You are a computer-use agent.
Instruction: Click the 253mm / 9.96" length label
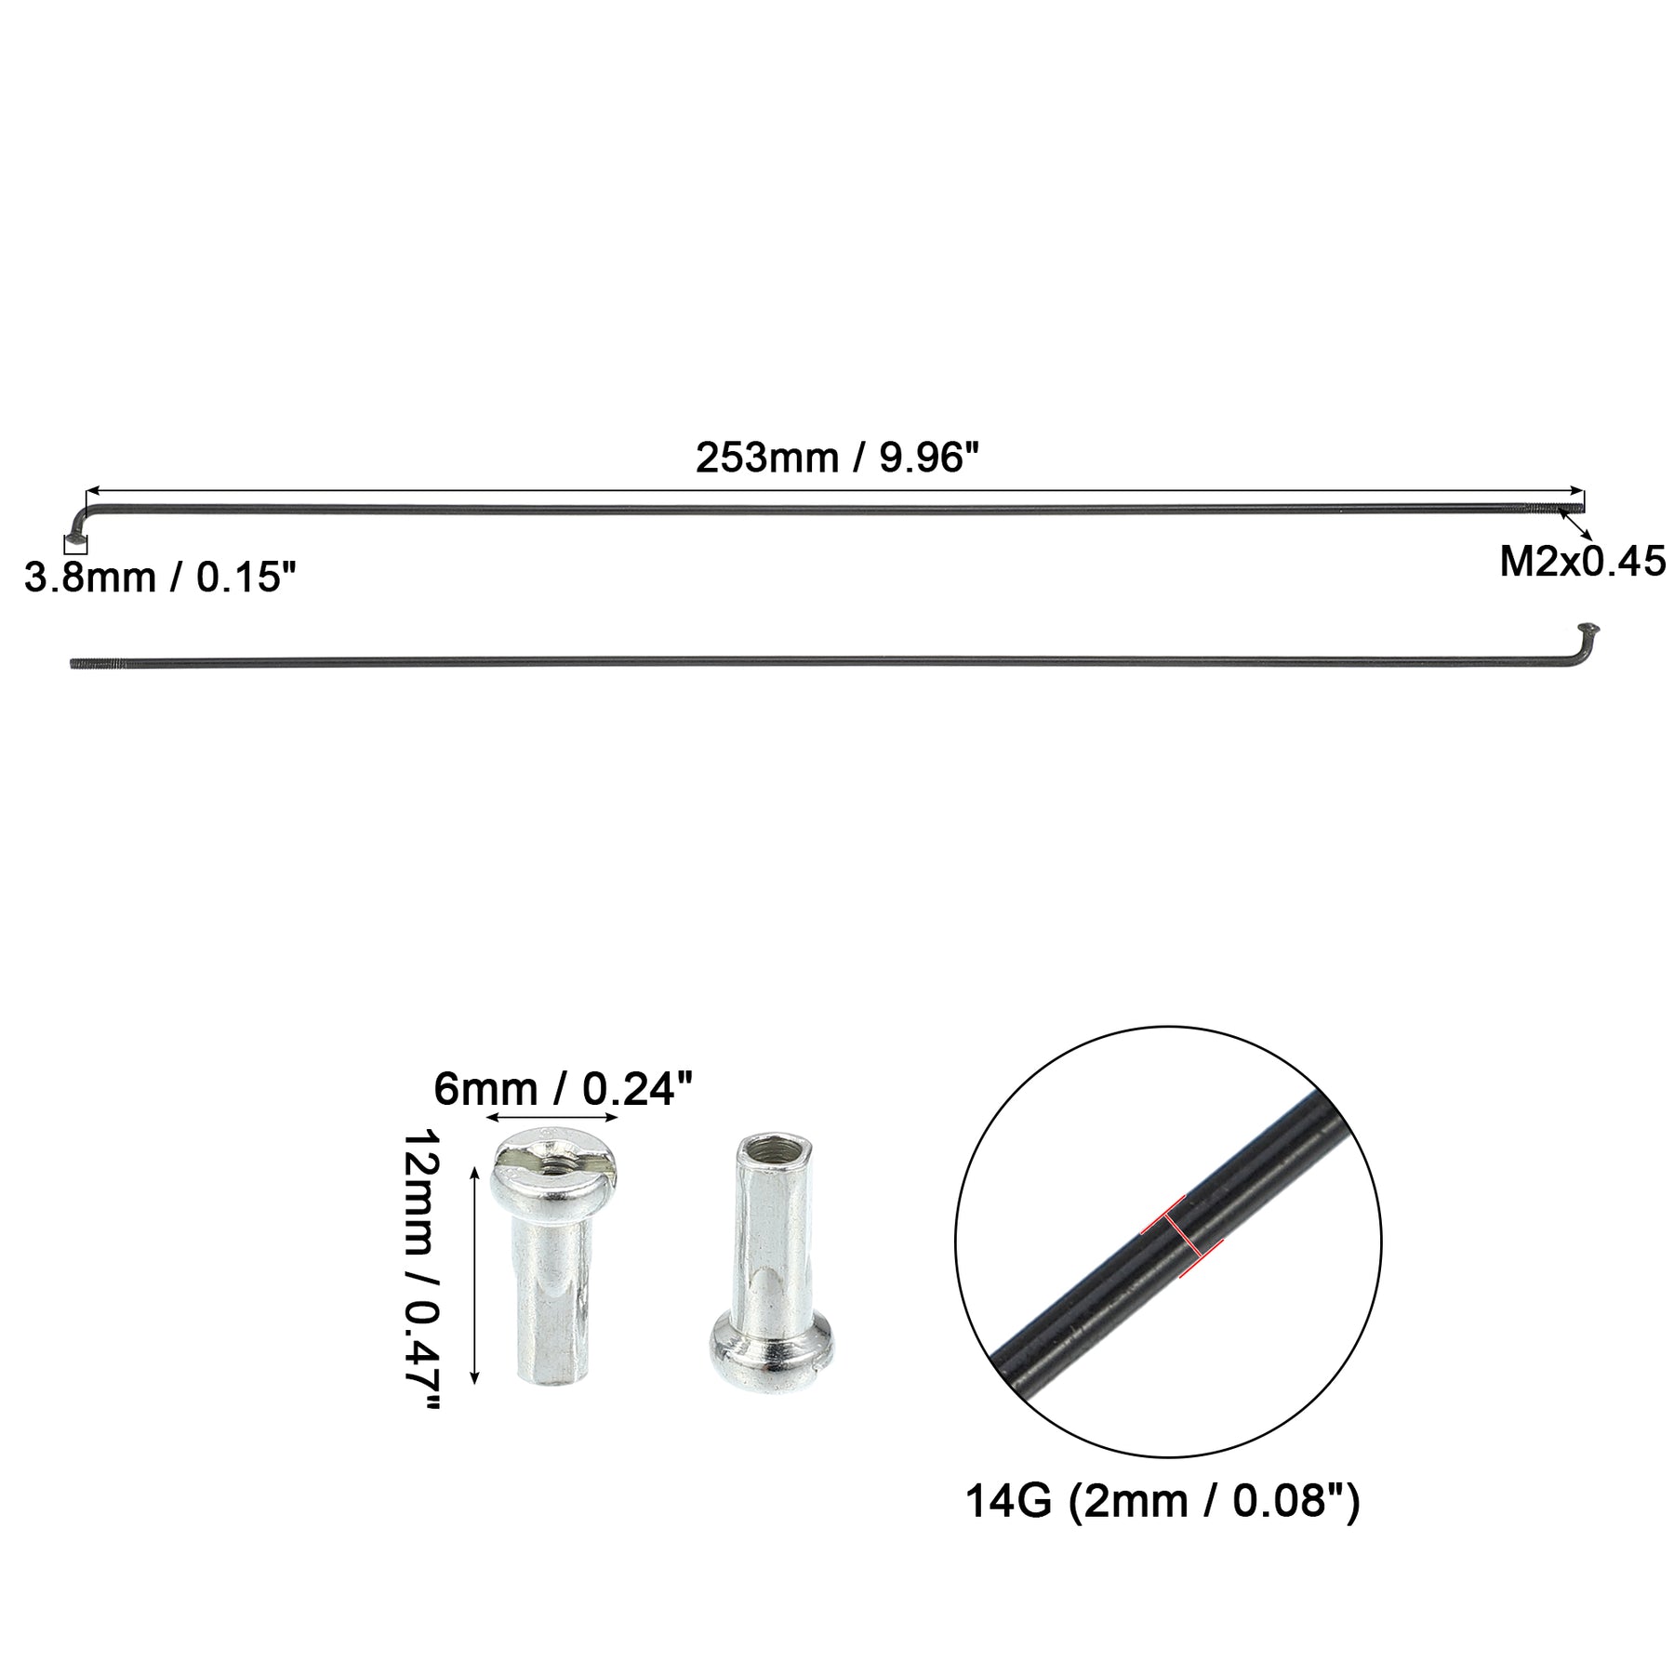[x=838, y=458]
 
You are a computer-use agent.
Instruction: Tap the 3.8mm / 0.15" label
[x=160, y=578]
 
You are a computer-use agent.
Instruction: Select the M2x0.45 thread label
[x=1582, y=563]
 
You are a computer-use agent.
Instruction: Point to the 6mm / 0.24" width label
[x=565, y=1089]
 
